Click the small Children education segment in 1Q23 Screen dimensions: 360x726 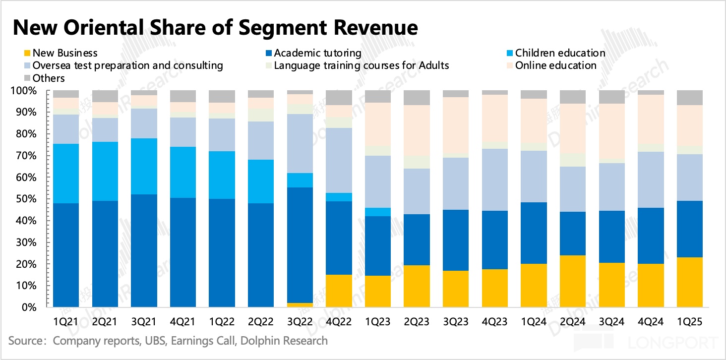(x=378, y=212)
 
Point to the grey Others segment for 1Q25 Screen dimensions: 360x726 (x=690, y=98)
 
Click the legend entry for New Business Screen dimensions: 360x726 (x=64, y=53)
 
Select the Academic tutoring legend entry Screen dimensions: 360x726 (x=317, y=53)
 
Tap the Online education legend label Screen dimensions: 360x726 (x=555, y=65)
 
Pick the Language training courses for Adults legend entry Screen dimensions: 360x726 (x=362, y=65)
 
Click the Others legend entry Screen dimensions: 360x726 (x=49, y=78)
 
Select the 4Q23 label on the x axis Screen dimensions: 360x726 (x=494, y=322)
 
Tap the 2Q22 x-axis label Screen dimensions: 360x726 (x=261, y=322)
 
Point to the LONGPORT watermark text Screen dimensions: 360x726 (x=672, y=343)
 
